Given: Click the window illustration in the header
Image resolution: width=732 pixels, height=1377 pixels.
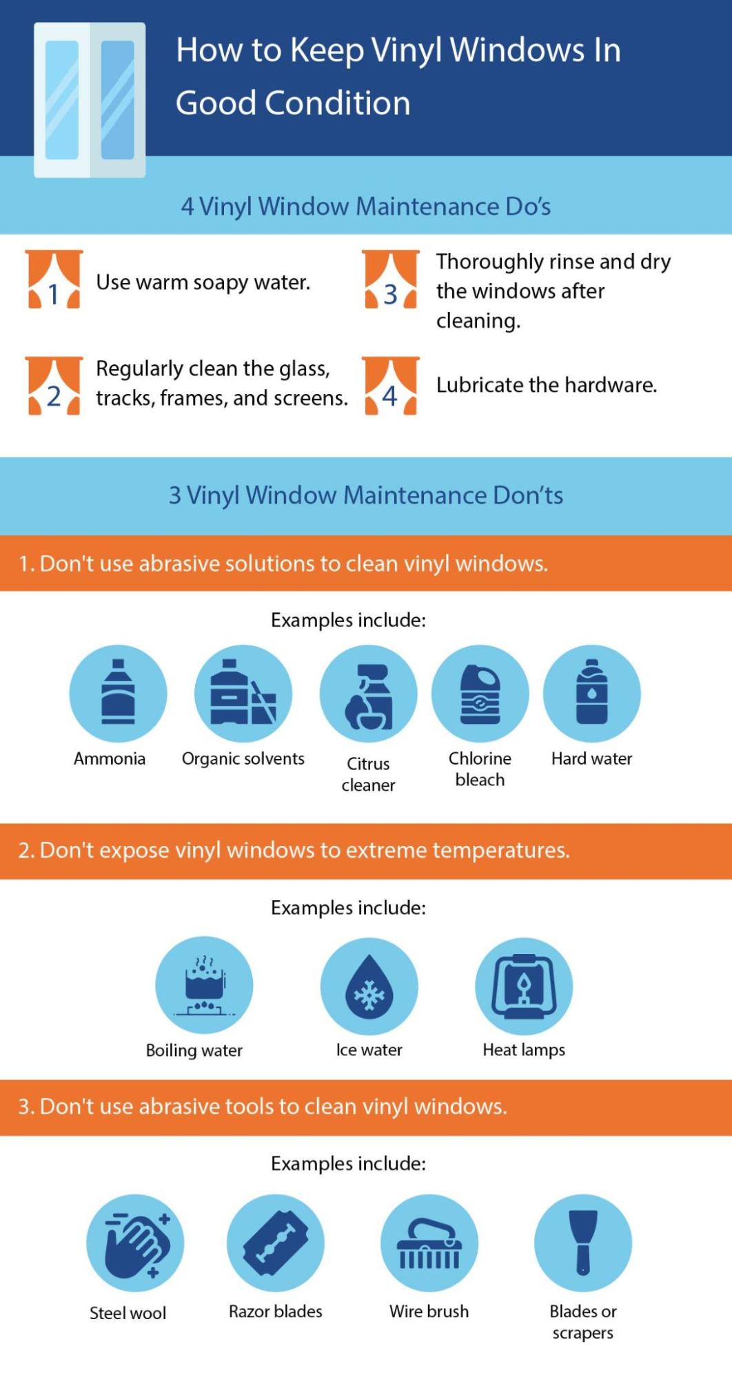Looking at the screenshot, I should point(90,100).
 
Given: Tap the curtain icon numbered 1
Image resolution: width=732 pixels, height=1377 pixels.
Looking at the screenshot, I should point(54,279).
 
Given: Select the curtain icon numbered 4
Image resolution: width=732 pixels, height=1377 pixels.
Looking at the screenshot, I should point(391,386).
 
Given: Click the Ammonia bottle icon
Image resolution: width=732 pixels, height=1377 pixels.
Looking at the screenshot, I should point(118,693).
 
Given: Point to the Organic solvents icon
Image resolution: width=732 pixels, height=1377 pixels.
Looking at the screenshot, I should point(243,693).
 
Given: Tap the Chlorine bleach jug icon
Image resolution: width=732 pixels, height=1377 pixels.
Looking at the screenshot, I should point(480,693).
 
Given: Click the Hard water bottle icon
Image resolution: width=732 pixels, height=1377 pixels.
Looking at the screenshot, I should point(591,693).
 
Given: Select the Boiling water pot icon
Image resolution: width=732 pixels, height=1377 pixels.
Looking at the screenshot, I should point(204,985).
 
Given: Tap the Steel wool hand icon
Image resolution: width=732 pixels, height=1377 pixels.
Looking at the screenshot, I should point(135,1243).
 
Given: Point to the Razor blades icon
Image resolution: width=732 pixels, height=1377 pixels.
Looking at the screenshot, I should point(275,1243).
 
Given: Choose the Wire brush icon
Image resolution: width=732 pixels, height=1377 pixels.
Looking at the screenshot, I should point(429,1243).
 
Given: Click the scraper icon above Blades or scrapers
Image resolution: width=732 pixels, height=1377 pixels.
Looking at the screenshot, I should point(582,1243).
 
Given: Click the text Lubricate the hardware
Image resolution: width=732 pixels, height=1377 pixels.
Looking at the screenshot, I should point(547,385).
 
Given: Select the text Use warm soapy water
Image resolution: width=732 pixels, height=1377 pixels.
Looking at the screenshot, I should point(203,282).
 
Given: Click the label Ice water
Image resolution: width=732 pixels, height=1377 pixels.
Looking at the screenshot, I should point(369,1050).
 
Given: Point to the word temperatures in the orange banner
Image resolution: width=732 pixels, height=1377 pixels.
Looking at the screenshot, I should point(500,851).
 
